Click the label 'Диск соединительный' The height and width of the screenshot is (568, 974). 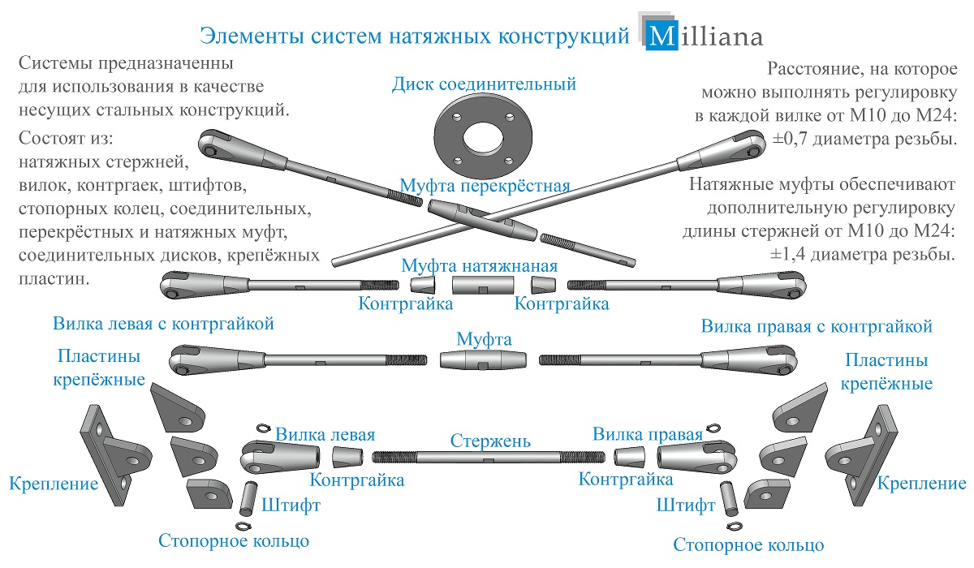coord(484,84)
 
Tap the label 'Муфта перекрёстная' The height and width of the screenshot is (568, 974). coord(484,186)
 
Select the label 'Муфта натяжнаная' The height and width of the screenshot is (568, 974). coord(480,265)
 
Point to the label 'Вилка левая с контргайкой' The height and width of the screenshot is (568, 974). coord(163,324)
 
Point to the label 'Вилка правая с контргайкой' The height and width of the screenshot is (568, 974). coord(817,326)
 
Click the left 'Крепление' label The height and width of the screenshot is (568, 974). coord(54,484)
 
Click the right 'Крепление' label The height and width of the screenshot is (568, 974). coord(922,484)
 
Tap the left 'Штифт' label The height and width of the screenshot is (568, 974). coord(291,506)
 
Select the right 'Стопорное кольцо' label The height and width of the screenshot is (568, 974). coord(748,544)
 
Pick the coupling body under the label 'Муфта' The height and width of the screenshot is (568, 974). coord(484,359)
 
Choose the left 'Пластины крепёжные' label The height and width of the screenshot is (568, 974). coord(99,368)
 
